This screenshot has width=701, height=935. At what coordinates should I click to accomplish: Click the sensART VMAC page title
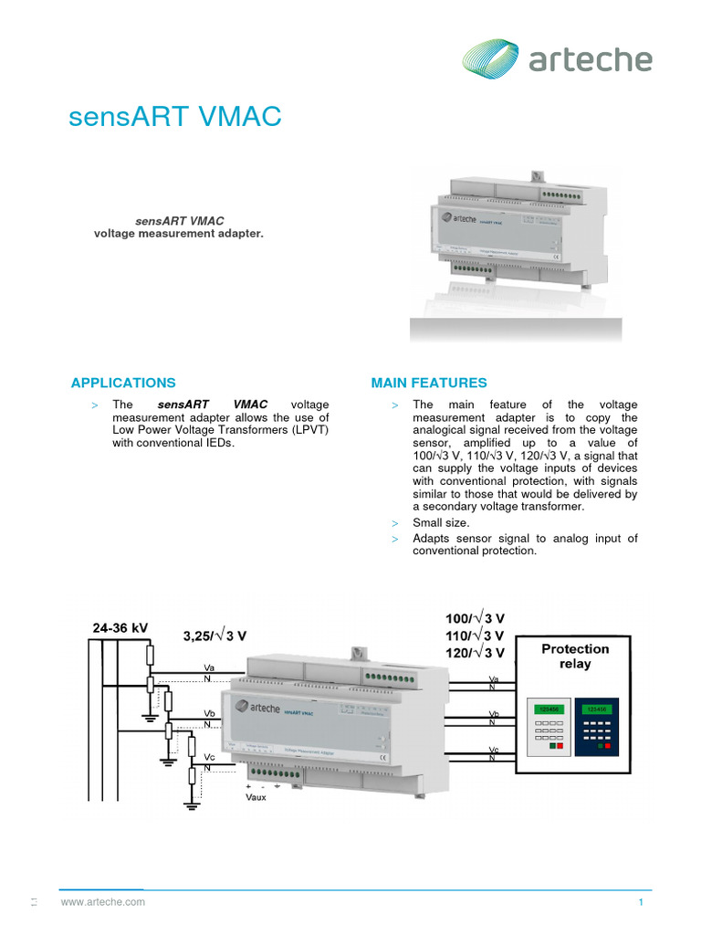click(x=175, y=118)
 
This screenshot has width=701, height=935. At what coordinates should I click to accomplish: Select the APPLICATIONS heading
click(x=123, y=383)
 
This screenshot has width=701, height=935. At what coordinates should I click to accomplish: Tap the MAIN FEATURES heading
click(x=429, y=383)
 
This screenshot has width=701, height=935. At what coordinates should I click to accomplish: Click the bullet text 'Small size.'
click(x=441, y=523)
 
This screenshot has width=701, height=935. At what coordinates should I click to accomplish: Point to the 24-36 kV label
click(x=120, y=628)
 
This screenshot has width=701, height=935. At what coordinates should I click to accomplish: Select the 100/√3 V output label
click(x=474, y=619)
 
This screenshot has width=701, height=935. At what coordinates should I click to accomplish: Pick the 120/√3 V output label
click(x=474, y=652)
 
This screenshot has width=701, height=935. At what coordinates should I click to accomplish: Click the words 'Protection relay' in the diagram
click(x=575, y=656)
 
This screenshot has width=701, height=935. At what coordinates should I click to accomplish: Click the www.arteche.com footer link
click(x=103, y=902)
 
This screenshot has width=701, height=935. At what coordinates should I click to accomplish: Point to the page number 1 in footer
click(x=642, y=902)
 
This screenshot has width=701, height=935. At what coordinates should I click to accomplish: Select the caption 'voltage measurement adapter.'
click(x=179, y=234)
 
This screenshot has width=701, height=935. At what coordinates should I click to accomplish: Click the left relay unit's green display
click(x=548, y=709)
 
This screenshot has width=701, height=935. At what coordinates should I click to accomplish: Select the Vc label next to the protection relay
click(x=493, y=749)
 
